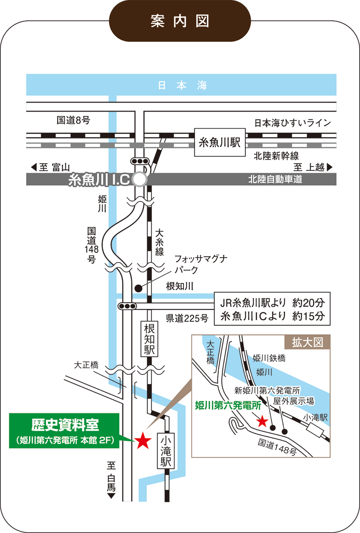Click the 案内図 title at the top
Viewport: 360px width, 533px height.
180,21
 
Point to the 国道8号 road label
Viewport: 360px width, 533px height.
73,120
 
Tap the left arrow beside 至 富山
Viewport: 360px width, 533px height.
33,167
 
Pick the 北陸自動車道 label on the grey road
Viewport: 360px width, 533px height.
275,179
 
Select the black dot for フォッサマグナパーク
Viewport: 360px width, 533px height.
139,288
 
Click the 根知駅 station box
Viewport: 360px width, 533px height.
149,339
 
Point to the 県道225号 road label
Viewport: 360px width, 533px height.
187,318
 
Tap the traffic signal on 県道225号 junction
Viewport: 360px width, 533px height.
127,306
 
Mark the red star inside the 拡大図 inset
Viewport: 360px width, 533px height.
262,421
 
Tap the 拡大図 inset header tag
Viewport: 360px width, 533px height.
308,342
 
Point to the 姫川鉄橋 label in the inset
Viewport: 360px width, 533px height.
269,358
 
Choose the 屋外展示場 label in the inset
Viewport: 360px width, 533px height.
293,401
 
